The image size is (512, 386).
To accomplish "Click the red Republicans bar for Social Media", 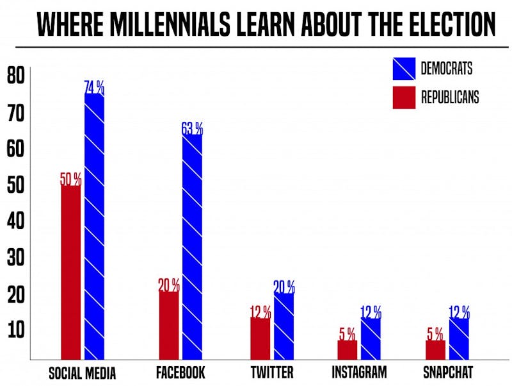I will tap(70, 272).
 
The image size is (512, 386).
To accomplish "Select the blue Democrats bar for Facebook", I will tap(193, 246).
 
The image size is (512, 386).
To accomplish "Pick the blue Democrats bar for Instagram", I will tap(371, 339).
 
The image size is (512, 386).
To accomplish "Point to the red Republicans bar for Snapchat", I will tap(435, 349).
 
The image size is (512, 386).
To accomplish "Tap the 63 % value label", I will tap(192, 128).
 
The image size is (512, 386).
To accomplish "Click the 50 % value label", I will tap(70, 179).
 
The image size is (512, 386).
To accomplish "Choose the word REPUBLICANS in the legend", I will tap(450, 97).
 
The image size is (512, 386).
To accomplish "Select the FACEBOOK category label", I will tap(180, 373).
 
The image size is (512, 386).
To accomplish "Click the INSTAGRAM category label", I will tap(359, 372).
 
